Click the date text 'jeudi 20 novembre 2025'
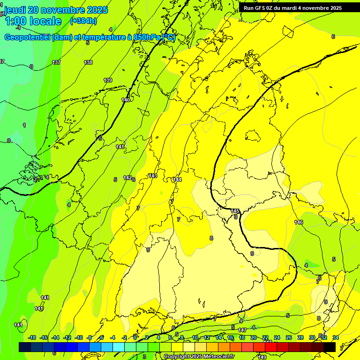56,10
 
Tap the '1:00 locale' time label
33,21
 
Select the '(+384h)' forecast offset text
83,21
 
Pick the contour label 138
88,62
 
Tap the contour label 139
108,80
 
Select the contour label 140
126,100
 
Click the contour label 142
127,178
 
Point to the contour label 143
152,176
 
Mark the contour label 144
177,180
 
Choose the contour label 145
235,211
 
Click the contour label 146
299,222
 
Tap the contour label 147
242,330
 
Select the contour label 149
262,357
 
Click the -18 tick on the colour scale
32,337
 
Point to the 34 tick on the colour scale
336,337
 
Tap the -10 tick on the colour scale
79,337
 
